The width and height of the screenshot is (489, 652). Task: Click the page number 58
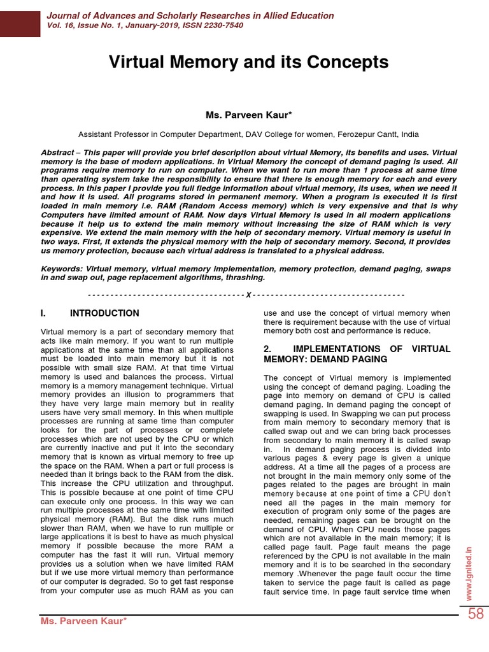(476, 614)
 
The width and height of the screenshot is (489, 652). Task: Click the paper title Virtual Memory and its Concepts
(248, 62)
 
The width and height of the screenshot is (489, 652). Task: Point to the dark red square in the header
(20, 22)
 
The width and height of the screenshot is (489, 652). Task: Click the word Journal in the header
(64, 15)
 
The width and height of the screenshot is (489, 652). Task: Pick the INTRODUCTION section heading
(104, 313)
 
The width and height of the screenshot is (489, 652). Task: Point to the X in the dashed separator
(248, 295)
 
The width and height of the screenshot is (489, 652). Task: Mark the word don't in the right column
(441, 493)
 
